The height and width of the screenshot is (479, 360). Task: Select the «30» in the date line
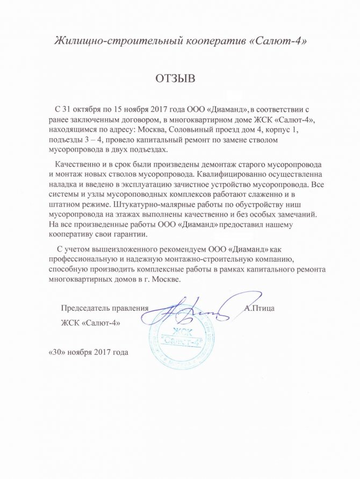pos(57,353)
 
